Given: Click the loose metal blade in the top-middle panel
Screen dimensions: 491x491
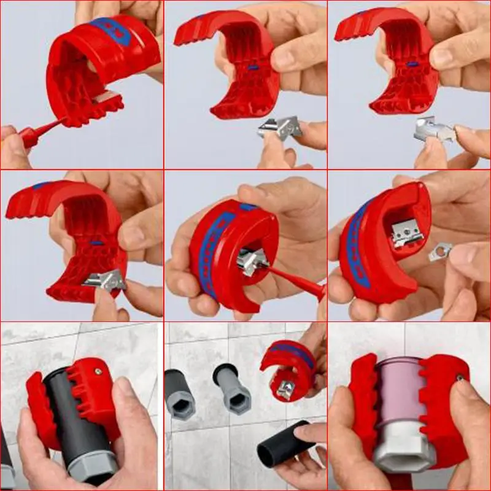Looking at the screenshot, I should pos(280,127).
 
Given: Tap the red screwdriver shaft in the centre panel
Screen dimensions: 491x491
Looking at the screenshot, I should pos(295,280).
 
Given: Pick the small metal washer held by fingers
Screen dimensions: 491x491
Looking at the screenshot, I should pos(441,251).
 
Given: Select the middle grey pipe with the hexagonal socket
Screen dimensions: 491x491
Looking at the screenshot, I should pos(233,390).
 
